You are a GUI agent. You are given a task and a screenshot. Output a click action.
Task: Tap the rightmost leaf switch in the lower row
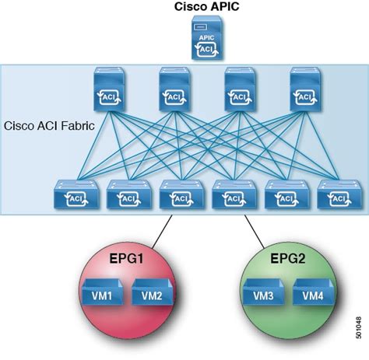tap(335, 195)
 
